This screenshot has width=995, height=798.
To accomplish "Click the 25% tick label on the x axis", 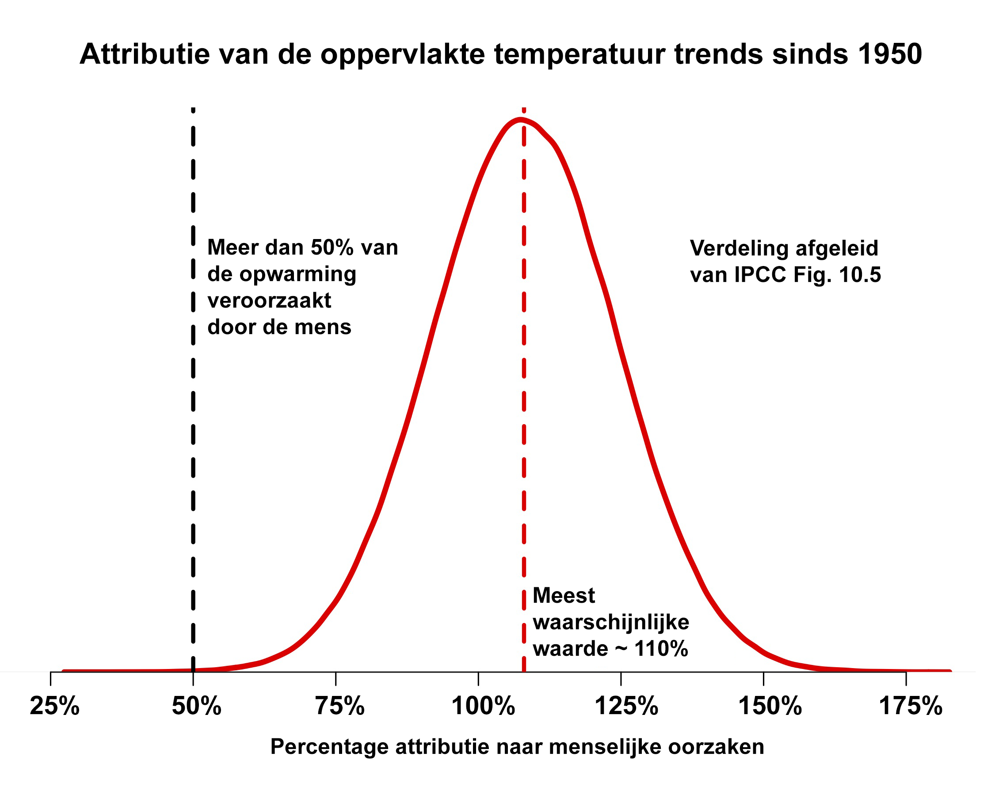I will (x=54, y=706).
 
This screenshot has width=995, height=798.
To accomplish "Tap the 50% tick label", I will (x=197, y=706).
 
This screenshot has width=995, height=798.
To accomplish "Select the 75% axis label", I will (x=339, y=706).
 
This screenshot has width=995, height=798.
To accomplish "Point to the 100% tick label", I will (x=483, y=706).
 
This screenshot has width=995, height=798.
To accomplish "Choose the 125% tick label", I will (x=626, y=706).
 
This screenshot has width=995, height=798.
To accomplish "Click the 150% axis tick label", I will (x=770, y=706).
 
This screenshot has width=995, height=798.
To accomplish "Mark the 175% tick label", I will (x=910, y=706).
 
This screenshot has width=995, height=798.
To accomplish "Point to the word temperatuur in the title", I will (x=579, y=54).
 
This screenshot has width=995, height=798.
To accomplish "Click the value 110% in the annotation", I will (x=661, y=649).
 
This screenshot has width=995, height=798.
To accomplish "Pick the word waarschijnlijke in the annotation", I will (x=610, y=622).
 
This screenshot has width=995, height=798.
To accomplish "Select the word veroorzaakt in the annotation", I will (x=269, y=301).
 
